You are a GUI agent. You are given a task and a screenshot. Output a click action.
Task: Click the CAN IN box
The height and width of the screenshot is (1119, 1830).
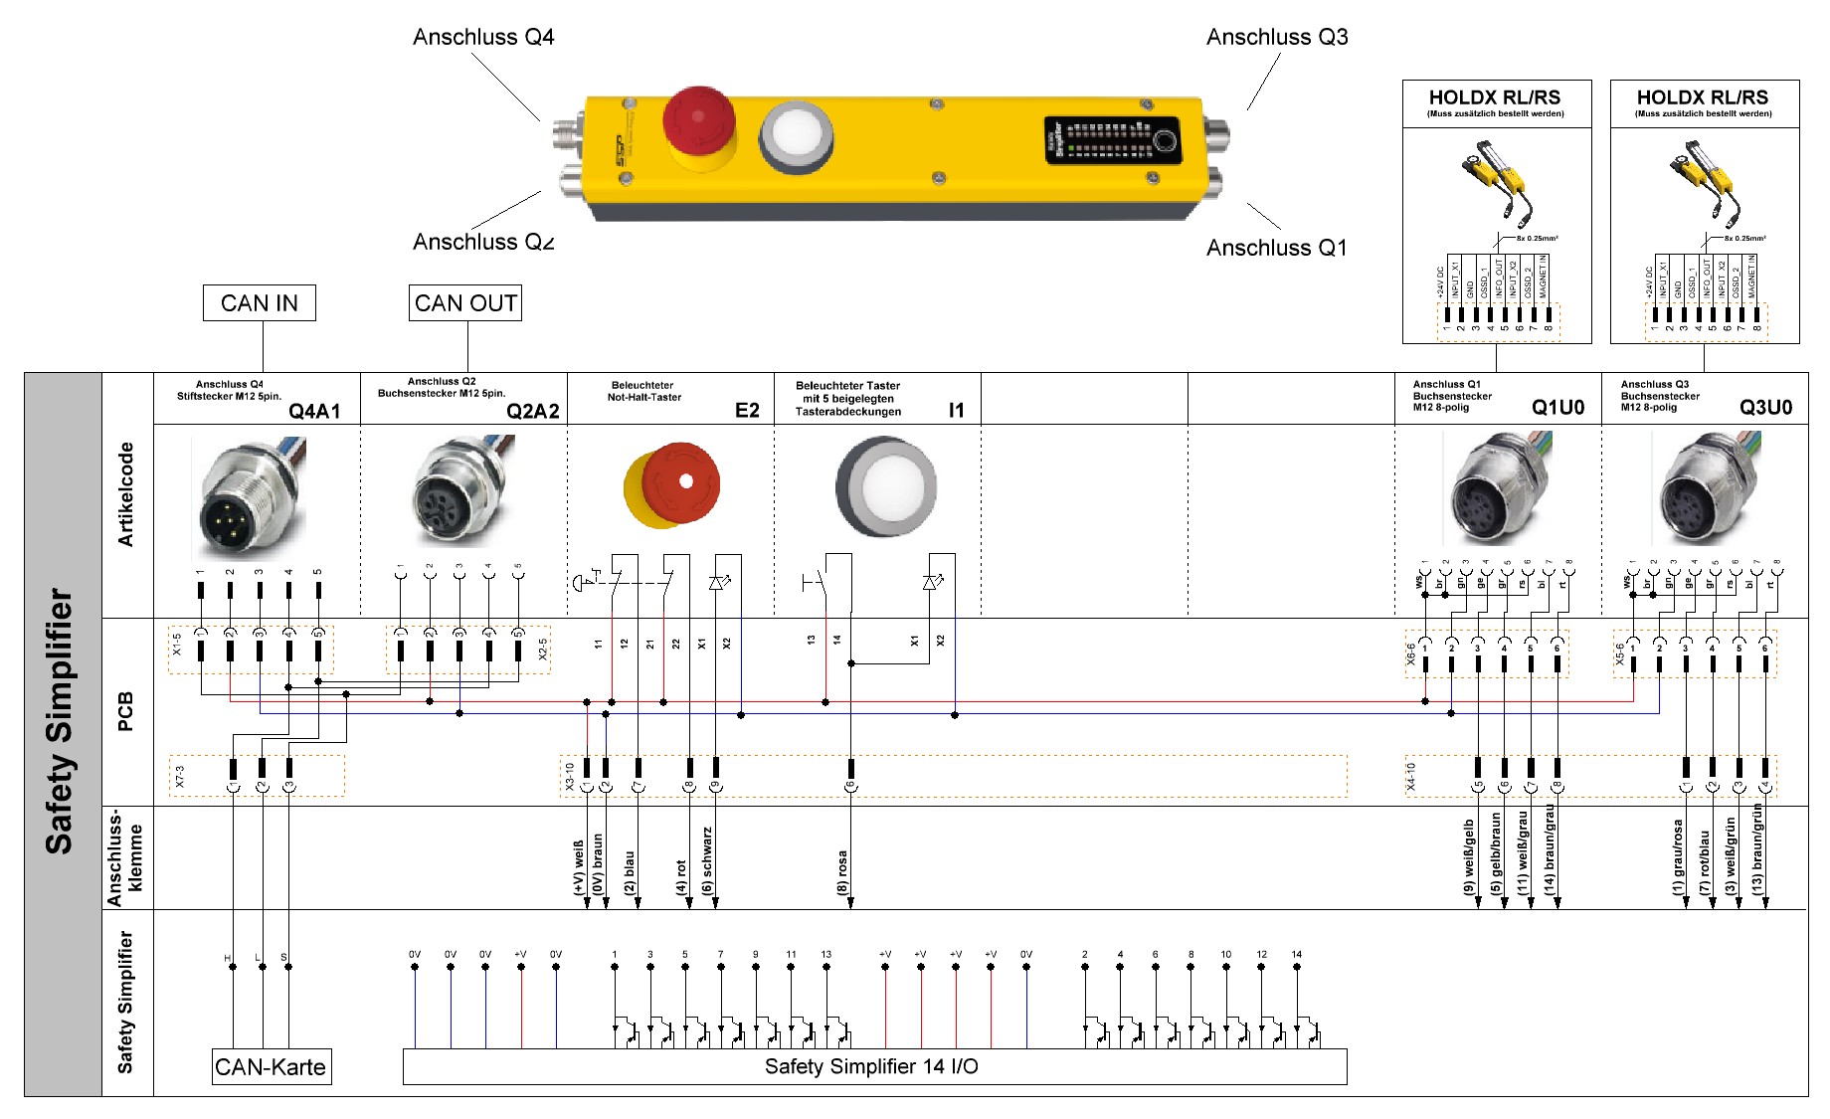point(259,303)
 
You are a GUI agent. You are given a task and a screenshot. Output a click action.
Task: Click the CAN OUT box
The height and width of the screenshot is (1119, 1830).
point(465,303)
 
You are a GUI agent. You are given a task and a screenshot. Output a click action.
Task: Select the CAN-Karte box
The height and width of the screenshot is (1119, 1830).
point(271,1067)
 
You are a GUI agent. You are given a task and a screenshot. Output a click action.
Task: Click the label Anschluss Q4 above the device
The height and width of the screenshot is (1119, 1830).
point(483,38)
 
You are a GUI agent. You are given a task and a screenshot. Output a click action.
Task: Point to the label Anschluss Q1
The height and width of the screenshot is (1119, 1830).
point(1277,248)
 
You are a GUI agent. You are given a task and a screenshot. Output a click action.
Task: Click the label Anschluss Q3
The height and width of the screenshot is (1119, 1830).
point(1277,38)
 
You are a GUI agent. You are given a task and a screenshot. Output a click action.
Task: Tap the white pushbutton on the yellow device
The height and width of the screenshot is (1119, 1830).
point(796,135)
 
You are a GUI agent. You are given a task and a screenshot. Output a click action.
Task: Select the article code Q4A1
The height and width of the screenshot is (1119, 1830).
point(314,412)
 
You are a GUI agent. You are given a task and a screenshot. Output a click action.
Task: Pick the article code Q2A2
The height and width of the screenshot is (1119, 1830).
point(532,412)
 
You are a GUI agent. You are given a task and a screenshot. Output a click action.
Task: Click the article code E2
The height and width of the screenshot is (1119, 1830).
point(747,411)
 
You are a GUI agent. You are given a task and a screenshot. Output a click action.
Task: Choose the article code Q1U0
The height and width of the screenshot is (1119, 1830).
point(1557,408)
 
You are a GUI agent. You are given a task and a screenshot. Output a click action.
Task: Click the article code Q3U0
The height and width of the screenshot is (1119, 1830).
point(1765,408)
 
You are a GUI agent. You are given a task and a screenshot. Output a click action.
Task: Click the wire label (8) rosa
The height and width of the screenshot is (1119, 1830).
point(842,871)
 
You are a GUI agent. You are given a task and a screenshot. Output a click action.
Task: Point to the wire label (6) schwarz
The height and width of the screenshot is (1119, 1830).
point(707,860)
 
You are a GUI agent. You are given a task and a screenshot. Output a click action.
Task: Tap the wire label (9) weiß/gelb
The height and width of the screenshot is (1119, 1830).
point(1469,855)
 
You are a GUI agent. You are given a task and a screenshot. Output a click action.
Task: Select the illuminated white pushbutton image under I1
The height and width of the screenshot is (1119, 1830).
point(885,487)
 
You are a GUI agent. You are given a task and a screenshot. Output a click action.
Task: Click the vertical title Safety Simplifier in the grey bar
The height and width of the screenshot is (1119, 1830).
point(60,721)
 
